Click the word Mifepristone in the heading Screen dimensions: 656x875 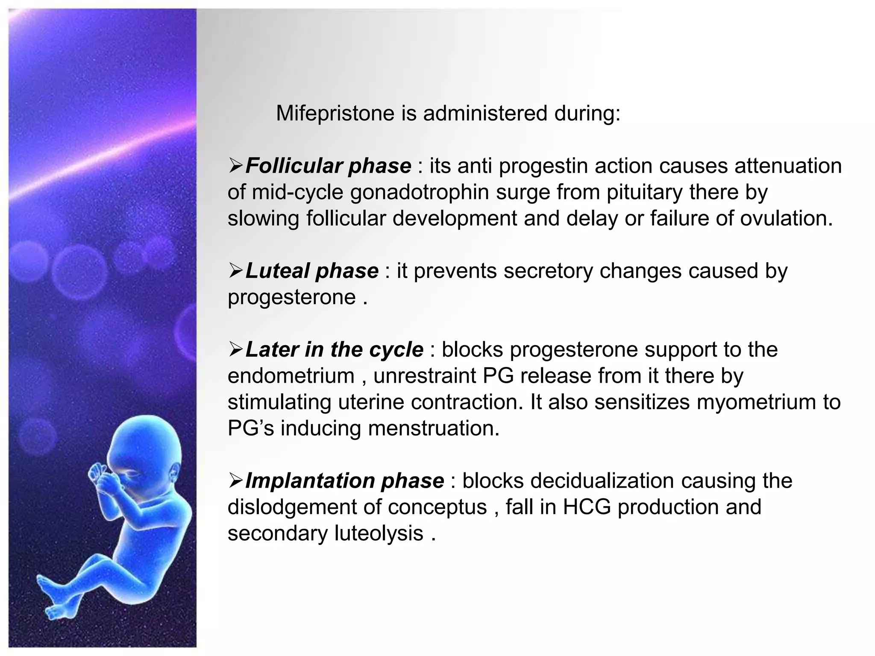click(335, 114)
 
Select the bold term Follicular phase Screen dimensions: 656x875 click(328, 166)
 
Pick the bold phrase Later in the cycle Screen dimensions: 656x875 click(334, 349)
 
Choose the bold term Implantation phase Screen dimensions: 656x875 click(344, 481)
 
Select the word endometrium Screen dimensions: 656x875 click(291, 376)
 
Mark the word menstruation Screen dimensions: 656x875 click(434, 428)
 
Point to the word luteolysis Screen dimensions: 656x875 click(379, 533)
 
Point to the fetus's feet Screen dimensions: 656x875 click(51, 598)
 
